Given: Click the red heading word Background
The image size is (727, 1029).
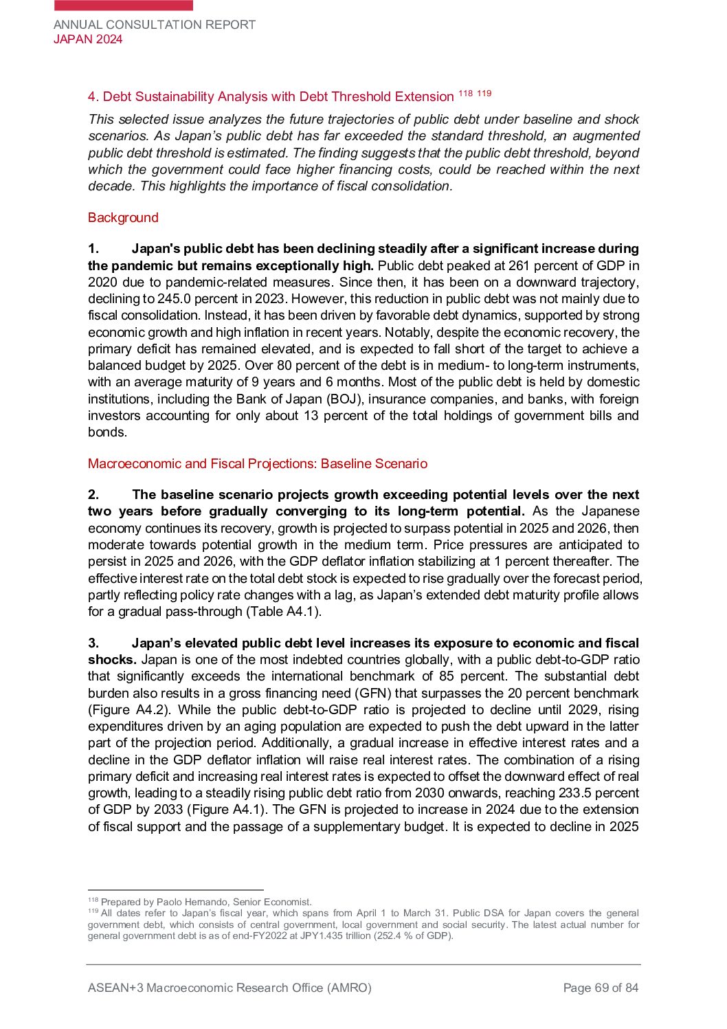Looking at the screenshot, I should click(x=123, y=218).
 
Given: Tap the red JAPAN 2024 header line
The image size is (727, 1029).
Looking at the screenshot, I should click(x=88, y=39).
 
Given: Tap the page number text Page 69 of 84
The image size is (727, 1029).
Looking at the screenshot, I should click(x=601, y=988).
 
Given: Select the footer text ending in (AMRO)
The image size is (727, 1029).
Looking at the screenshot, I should click(x=230, y=988).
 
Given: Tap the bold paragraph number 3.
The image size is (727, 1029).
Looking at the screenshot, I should click(x=93, y=643).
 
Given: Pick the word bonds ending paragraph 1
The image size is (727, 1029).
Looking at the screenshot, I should click(x=107, y=432).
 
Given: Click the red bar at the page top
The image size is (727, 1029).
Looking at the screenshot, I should click(x=124, y=5).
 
